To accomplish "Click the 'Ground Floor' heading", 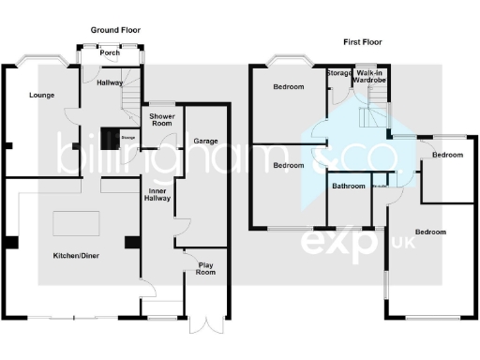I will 114,31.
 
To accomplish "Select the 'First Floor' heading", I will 363,42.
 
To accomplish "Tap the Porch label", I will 110,53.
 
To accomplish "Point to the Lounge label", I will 41,96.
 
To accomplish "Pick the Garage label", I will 205,142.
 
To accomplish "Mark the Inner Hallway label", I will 156,196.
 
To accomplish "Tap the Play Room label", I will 204,268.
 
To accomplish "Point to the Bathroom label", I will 348,187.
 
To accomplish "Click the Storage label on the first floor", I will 338,73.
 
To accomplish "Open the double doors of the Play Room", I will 204,324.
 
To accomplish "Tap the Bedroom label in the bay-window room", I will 288,87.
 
